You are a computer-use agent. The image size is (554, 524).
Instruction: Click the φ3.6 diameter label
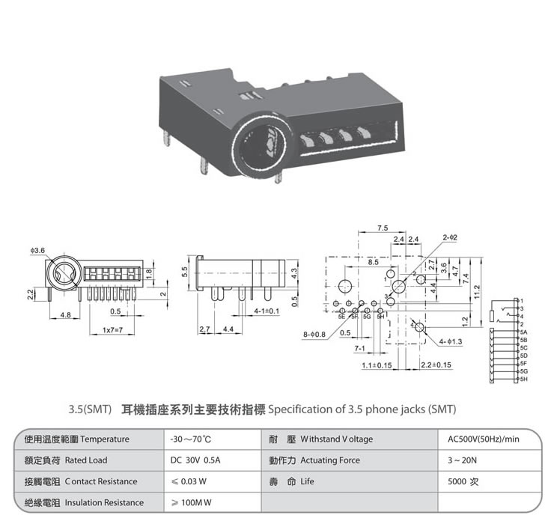pos(38,249)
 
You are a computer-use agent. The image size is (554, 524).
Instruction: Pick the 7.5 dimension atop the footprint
pos(383,227)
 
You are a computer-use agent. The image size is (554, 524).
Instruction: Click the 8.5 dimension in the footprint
pos(373,263)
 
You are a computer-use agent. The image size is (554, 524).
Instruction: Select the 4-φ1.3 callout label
pos(452,341)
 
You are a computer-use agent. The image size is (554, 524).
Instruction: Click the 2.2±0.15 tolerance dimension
pos(436,365)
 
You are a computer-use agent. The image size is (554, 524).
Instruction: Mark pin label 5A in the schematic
pos(524,331)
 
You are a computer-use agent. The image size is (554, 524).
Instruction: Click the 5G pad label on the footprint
pos(367,317)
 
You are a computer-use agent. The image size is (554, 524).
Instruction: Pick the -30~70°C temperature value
pos(192,439)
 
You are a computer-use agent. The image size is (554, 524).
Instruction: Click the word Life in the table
pos(308,481)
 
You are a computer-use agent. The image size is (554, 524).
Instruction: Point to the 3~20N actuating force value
pos(459,460)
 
